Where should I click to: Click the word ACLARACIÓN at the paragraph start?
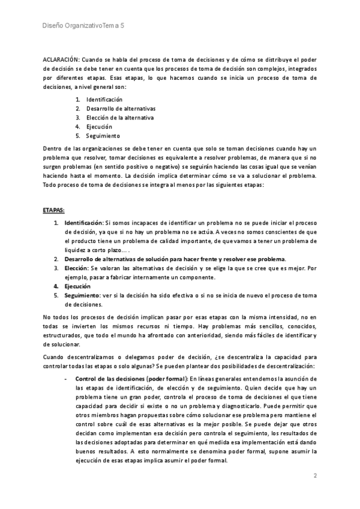coord(61,60)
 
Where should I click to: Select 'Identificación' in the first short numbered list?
coord(104,99)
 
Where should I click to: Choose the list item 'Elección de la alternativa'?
coord(120,118)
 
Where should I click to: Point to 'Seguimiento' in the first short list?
coord(103,136)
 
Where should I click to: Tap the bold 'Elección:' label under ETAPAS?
coord(77,268)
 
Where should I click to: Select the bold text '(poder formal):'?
coord(167,379)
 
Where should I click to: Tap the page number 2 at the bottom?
coord(314,475)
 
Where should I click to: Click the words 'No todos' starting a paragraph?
coord(54,316)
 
